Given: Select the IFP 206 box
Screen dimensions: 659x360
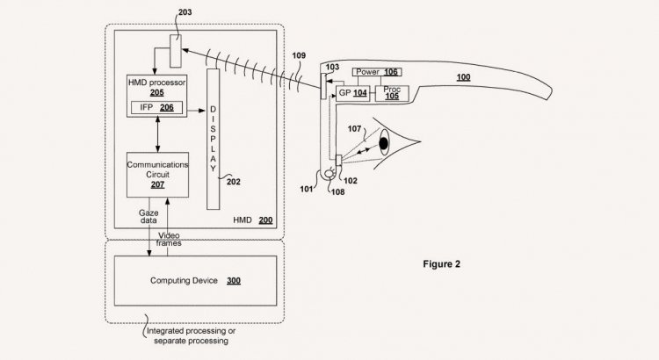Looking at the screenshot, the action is (156, 107).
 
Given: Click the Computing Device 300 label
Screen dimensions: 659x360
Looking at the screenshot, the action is (195, 281).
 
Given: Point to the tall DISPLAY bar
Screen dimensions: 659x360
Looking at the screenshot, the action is (214, 139).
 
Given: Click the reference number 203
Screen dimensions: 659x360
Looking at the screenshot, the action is (185, 11).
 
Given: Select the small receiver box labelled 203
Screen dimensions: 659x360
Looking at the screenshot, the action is (176, 51).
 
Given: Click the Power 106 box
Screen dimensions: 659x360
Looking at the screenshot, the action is (377, 72).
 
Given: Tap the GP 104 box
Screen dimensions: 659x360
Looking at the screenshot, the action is (352, 93).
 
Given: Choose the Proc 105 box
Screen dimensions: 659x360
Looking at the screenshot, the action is (392, 93).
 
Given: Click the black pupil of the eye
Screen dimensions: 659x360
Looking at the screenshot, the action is (384, 144).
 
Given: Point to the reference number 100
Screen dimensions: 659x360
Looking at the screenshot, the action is (464, 77).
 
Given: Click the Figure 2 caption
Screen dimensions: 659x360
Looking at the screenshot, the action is (442, 264).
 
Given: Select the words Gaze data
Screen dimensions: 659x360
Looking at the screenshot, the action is (148, 217).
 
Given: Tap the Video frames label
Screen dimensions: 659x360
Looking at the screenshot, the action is (169, 240).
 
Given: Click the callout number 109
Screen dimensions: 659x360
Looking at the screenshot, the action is (299, 55).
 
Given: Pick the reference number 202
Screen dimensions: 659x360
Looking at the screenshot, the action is (234, 182).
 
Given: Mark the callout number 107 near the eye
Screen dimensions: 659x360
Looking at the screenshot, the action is (355, 129).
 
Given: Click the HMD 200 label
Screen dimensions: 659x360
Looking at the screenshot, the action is (253, 220).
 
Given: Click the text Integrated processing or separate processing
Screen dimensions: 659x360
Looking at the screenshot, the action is (192, 336).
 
